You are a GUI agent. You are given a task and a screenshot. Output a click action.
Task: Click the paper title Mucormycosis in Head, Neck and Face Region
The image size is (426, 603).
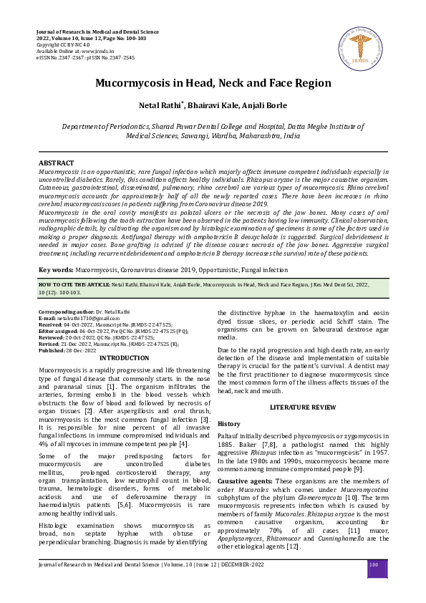(213, 83)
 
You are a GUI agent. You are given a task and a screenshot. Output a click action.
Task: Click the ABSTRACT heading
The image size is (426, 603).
(56, 164)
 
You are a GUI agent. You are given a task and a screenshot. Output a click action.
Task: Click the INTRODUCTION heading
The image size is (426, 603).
(124, 357)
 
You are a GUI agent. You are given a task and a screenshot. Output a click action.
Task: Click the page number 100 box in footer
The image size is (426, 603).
(374, 566)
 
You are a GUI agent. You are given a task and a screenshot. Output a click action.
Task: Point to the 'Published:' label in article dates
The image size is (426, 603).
(52, 350)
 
